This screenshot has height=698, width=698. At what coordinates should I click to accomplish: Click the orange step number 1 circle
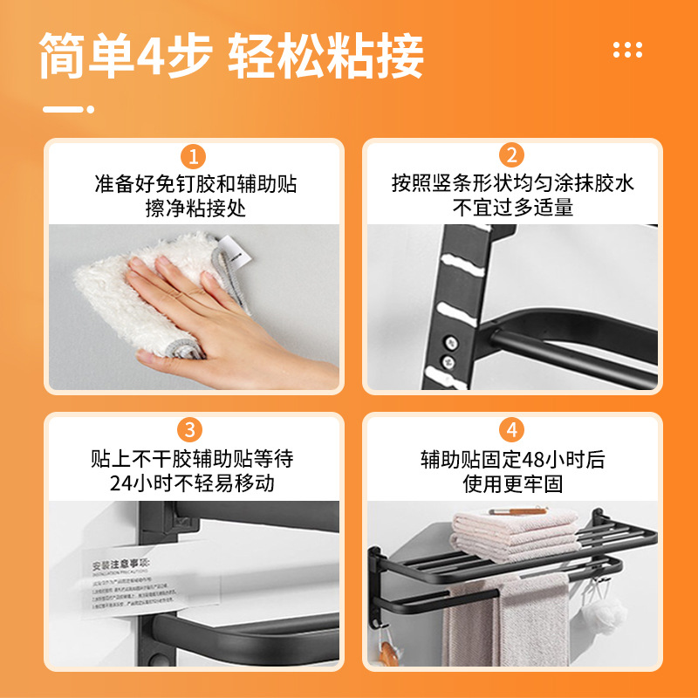click(x=193, y=157)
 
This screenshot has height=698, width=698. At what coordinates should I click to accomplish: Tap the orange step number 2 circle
click(x=511, y=157)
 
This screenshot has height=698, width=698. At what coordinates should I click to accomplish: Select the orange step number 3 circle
click(x=193, y=430)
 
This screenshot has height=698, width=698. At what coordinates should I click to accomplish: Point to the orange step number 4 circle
click(x=511, y=430)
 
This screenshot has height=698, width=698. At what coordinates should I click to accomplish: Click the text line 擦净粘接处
click(x=195, y=208)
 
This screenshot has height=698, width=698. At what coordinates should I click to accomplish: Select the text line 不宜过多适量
click(x=512, y=208)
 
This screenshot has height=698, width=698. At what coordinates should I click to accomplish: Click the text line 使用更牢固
click(x=512, y=482)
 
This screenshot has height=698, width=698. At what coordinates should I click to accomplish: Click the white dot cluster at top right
click(x=627, y=49)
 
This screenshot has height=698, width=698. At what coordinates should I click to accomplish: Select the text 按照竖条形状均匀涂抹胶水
click(x=512, y=184)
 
